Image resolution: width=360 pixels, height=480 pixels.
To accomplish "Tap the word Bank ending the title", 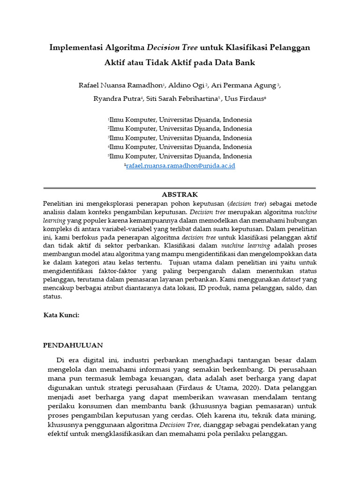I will pyautogui.click(x=243, y=62).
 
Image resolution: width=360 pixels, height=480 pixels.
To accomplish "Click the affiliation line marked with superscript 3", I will pyautogui.click(x=180, y=138).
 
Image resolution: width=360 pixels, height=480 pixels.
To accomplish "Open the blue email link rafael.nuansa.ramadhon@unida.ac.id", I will pyautogui.click(x=180, y=165).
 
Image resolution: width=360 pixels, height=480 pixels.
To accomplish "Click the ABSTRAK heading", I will pyautogui.click(x=180, y=194).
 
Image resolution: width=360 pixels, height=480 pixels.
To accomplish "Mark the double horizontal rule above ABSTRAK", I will pyautogui.click(x=180, y=188).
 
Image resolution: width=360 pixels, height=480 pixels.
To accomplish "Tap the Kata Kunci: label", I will pyautogui.click(x=61, y=315).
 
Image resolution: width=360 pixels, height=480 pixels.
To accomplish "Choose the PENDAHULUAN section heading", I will pyautogui.click(x=73, y=345).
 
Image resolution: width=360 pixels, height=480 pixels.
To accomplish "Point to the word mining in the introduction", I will pyautogui.click(x=305, y=415).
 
